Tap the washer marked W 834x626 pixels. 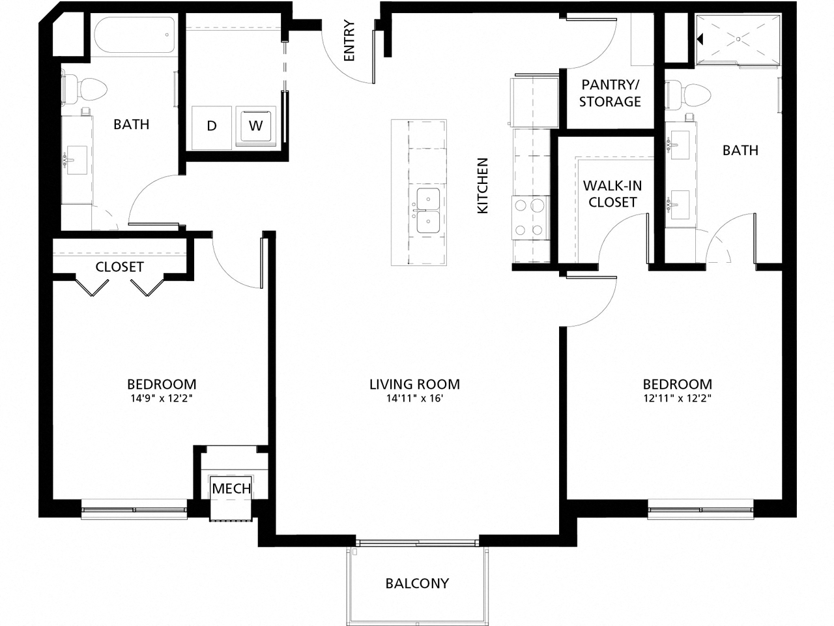(x=256, y=125)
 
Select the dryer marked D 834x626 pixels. (x=212, y=125)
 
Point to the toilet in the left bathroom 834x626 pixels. (x=85, y=89)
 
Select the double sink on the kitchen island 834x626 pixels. (x=428, y=211)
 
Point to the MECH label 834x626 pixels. (x=231, y=488)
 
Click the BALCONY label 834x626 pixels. (x=417, y=583)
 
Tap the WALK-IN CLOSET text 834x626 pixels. (x=612, y=194)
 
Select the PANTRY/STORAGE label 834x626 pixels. (x=610, y=93)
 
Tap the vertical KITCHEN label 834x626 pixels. (x=483, y=185)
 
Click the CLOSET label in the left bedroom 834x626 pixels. (x=119, y=267)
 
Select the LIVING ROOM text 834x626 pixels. (x=414, y=384)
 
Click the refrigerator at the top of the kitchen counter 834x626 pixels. (x=536, y=102)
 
